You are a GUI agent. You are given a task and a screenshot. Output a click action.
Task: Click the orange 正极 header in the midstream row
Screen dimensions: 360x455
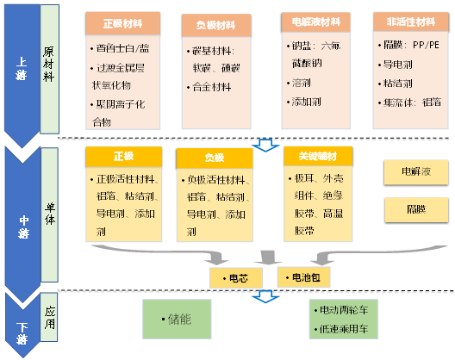click(x=123, y=158)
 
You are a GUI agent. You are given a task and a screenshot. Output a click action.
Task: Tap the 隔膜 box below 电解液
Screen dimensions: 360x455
click(x=417, y=209)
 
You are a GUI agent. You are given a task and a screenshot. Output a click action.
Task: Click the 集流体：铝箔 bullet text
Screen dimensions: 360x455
click(x=411, y=104)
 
